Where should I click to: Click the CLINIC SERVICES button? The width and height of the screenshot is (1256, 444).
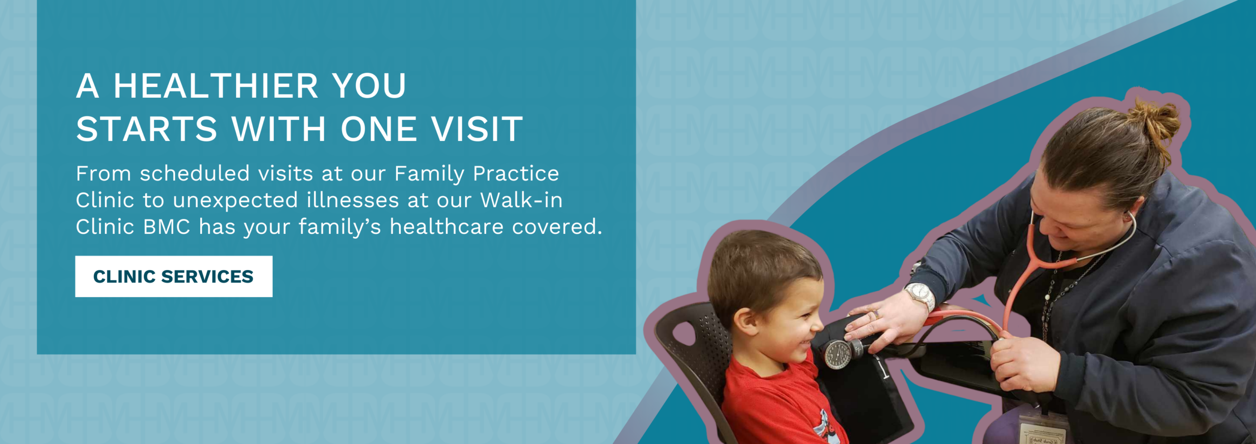click(x=174, y=277)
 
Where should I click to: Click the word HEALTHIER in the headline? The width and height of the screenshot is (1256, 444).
click(x=216, y=86)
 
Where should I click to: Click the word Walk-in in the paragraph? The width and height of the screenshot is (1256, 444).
click(x=521, y=200)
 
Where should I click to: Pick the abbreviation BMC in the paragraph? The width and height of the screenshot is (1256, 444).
click(x=167, y=227)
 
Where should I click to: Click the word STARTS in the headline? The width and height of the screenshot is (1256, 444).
click(x=147, y=129)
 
